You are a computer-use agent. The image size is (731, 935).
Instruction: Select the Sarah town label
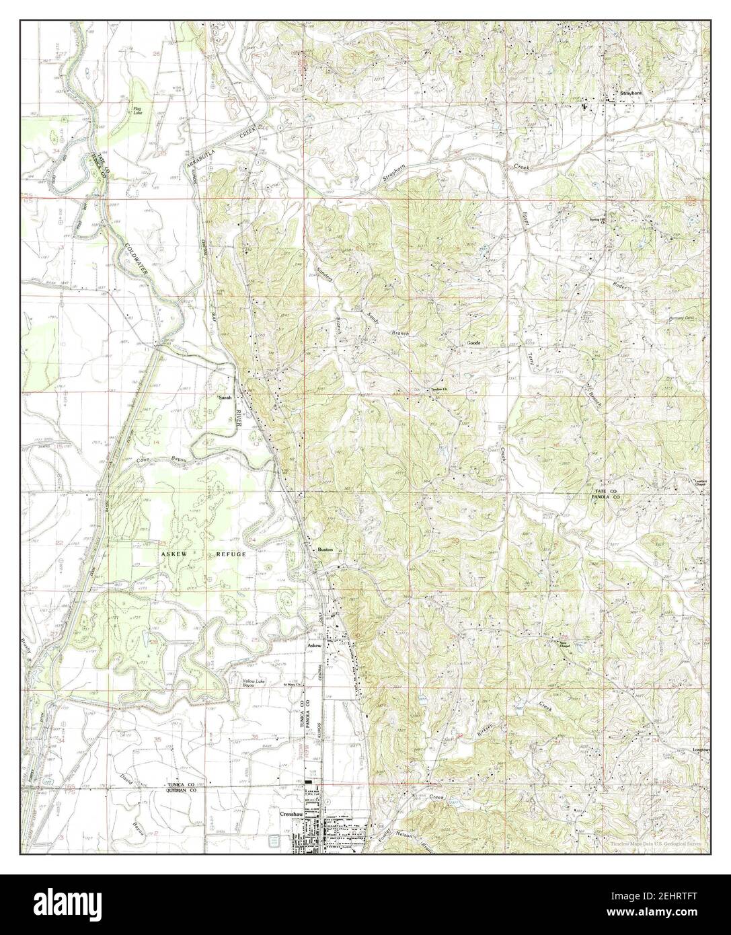pyautogui.click(x=225, y=398)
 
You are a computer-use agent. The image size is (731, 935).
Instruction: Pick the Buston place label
pyautogui.click(x=325, y=550)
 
